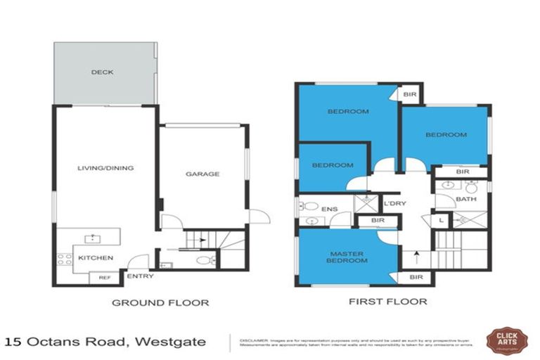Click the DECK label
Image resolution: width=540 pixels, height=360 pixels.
[102, 72]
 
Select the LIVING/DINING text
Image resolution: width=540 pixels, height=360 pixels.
[105, 168]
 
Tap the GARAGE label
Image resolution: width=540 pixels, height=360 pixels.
[202, 174]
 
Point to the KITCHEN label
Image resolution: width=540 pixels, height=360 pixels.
[96, 258]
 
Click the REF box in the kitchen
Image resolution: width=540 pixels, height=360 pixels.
[103, 277]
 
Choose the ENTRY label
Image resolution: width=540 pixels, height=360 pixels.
[140, 276]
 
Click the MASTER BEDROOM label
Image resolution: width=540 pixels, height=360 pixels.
[348, 257]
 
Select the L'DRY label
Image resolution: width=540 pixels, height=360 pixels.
[392, 205]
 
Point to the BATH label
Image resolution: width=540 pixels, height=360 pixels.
[466, 199]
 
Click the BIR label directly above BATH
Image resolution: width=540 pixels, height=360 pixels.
[462, 171]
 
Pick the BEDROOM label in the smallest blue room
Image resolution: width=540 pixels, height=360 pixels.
[333, 165]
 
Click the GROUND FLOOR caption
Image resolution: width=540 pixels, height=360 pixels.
[161, 303]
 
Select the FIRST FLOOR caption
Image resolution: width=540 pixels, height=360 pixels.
[387, 302]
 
